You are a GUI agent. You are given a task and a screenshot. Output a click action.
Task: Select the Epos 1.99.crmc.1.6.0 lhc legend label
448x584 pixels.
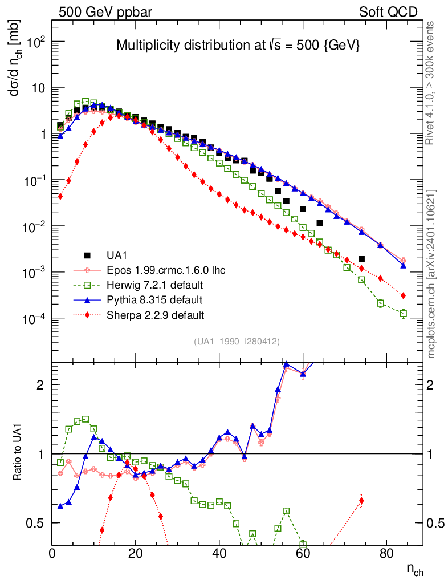tap(165, 270)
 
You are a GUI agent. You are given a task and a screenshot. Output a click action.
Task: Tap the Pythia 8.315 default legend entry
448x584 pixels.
tap(154, 299)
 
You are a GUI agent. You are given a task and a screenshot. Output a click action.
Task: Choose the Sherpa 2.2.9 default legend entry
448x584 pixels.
tap(155, 314)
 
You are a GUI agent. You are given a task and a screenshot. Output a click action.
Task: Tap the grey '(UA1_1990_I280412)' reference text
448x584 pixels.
tap(236, 341)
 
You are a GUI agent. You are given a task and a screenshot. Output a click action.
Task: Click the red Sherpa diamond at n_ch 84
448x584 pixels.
tap(403, 295)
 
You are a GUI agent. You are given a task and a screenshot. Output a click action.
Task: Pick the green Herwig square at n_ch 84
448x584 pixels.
tap(403, 313)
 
